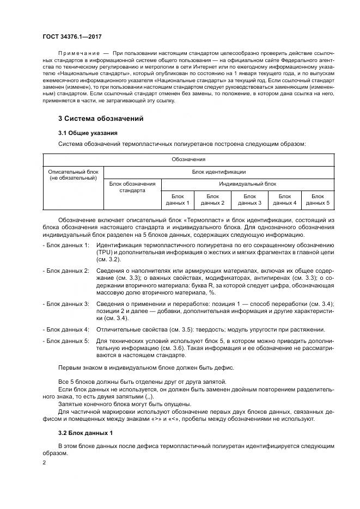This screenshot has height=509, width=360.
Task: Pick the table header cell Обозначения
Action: pyautogui.click(x=188, y=160)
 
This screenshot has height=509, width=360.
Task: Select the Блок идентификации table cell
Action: pyautogui.click(x=219, y=171)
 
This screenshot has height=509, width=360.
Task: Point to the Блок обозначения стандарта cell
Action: pyautogui.click(x=132, y=187)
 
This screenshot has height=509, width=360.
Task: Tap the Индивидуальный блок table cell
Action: pyautogui.click(x=248, y=184)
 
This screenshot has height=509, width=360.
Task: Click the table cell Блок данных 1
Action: pyautogui.click(x=178, y=199)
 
